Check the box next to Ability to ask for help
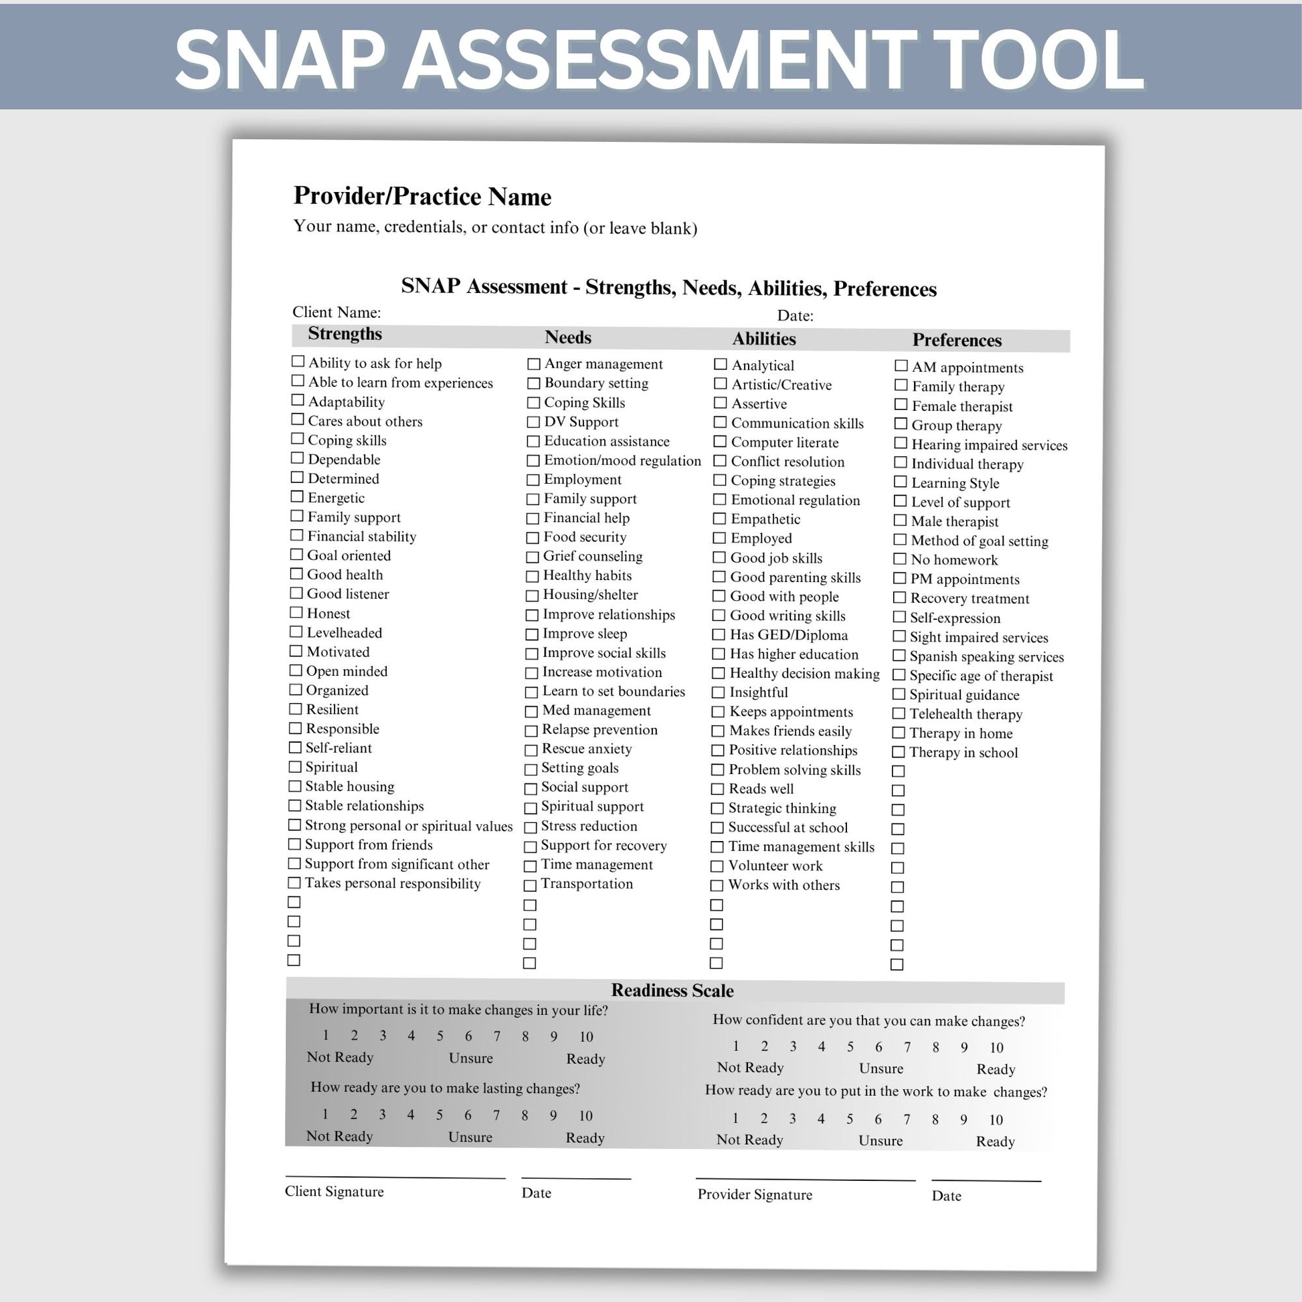pyautogui.click(x=298, y=362)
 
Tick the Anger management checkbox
pyautogui.click(x=534, y=364)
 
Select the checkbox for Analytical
pyautogui.click(x=721, y=365)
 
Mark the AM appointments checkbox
pyautogui.click(x=901, y=366)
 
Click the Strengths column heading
pyautogui.click(x=345, y=335)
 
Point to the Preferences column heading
pyautogui.click(x=956, y=341)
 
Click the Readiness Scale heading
pyautogui.click(x=672, y=991)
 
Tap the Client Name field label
pyautogui.click(x=337, y=312)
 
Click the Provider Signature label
pyautogui.click(x=755, y=1195)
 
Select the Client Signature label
pyautogui.click(x=335, y=1192)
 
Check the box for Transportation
pyautogui.click(x=531, y=885)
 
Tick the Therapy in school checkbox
pyautogui.click(x=899, y=752)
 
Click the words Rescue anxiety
pyautogui.click(x=586, y=749)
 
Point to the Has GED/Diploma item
pyautogui.click(x=788, y=635)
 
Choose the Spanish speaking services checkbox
pyautogui.click(x=899, y=656)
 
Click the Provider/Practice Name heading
pyautogui.click(x=422, y=197)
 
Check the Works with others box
pyautogui.click(x=717, y=886)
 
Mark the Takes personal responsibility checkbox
pyautogui.click(x=294, y=882)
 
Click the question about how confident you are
pyautogui.click(x=868, y=1021)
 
